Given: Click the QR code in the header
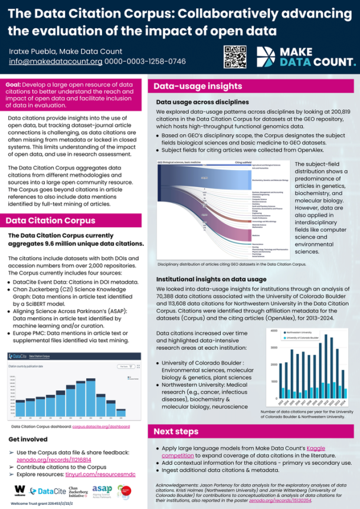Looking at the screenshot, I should pyautogui.click(x=234, y=56).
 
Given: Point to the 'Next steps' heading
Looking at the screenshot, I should pyautogui.click(x=176, y=432).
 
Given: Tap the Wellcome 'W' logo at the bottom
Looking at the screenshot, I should pyautogui.click(x=20, y=489).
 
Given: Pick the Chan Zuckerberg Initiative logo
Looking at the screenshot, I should pyautogui.click(x=76, y=490).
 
